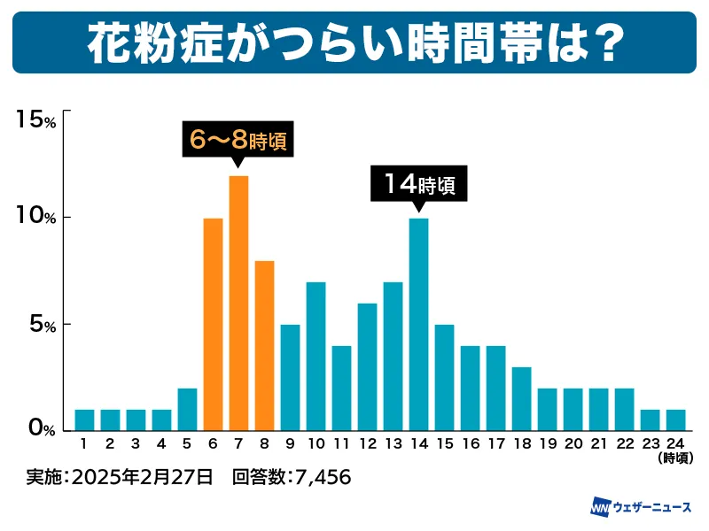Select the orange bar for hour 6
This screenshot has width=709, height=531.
pyautogui.click(x=213, y=324)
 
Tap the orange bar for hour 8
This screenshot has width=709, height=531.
pyautogui.click(x=264, y=345)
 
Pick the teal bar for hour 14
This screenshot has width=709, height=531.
pyautogui.click(x=418, y=324)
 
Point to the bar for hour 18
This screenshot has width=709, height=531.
pyautogui.click(x=521, y=398)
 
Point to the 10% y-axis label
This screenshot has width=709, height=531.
pyautogui.click(x=36, y=217)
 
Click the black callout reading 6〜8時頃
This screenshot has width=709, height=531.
pyautogui.click(x=237, y=140)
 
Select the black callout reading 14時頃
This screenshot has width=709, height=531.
pyautogui.click(x=418, y=184)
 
